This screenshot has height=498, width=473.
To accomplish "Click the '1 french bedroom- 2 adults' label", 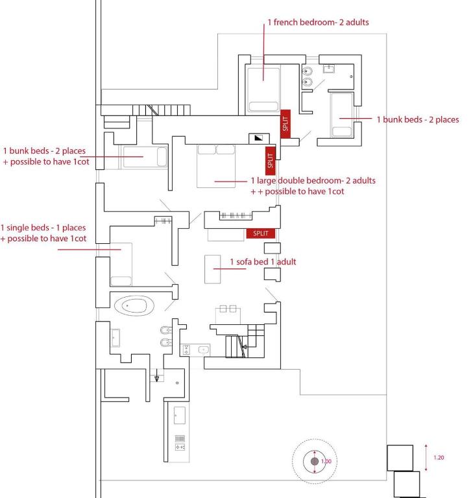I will pyautogui.click(x=318, y=23).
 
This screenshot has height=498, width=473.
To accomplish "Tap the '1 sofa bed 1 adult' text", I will pyautogui.click(x=263, y=262).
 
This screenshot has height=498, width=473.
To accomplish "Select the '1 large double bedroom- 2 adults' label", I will pyautogui.click(x=313, y=181).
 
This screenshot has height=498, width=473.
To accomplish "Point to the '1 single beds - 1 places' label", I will pyautogui.click(x=43, y=228).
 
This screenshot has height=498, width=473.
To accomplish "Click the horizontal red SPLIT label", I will pyautogui.click(x=260, y=233).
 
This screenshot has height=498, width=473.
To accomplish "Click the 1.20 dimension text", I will pyautogui.click(x=439, y=458).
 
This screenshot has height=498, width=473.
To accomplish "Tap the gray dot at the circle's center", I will pyautogui.click(x=315, y=461).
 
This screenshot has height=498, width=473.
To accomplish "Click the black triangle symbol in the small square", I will pyautogui.click(x=259, y=137).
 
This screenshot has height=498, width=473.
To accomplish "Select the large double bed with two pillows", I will pyautogui.click(x=216, y=166).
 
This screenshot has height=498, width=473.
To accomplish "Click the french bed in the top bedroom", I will pyautogui.click(x=263, y=88).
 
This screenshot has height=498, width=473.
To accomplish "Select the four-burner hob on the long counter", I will pyautogui.click(x=180, y=447).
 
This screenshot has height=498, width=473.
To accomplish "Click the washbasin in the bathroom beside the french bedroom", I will pyautogui.click(x=329, y=68).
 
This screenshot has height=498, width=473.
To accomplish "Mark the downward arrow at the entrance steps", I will pyautogui.click(x=156, y=377).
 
